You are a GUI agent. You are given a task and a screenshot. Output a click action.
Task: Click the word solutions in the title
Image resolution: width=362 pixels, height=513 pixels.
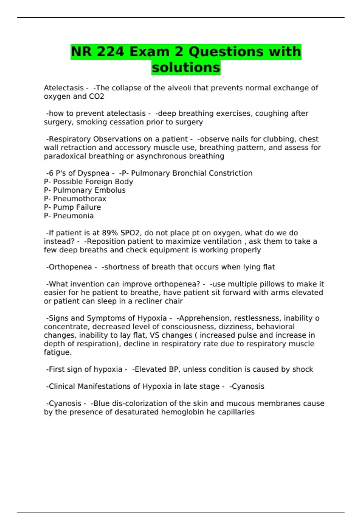click(x=186, y=67)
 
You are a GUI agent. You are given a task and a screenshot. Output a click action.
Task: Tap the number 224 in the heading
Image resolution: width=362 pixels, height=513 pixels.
click(x=110, y=52)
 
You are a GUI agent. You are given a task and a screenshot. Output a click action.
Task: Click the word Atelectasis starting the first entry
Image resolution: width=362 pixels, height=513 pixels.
click(x=64, y=88)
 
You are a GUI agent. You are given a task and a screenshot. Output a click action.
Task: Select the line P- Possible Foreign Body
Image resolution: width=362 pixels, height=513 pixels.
click(x=88, y=182)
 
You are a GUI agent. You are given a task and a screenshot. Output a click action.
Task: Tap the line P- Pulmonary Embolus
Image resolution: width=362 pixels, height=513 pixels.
click(x=85, y=190)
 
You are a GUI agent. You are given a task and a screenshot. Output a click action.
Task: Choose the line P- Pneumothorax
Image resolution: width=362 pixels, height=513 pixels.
click(x=75, y=199)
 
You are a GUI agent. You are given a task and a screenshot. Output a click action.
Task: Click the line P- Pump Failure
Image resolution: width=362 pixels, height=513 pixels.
click(x=72, y=207)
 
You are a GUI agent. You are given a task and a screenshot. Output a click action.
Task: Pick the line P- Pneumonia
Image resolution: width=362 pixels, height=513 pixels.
click(x=69, y=216)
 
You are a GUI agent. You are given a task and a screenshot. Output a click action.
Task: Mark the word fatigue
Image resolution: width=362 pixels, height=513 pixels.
click(x=57, y=352)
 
